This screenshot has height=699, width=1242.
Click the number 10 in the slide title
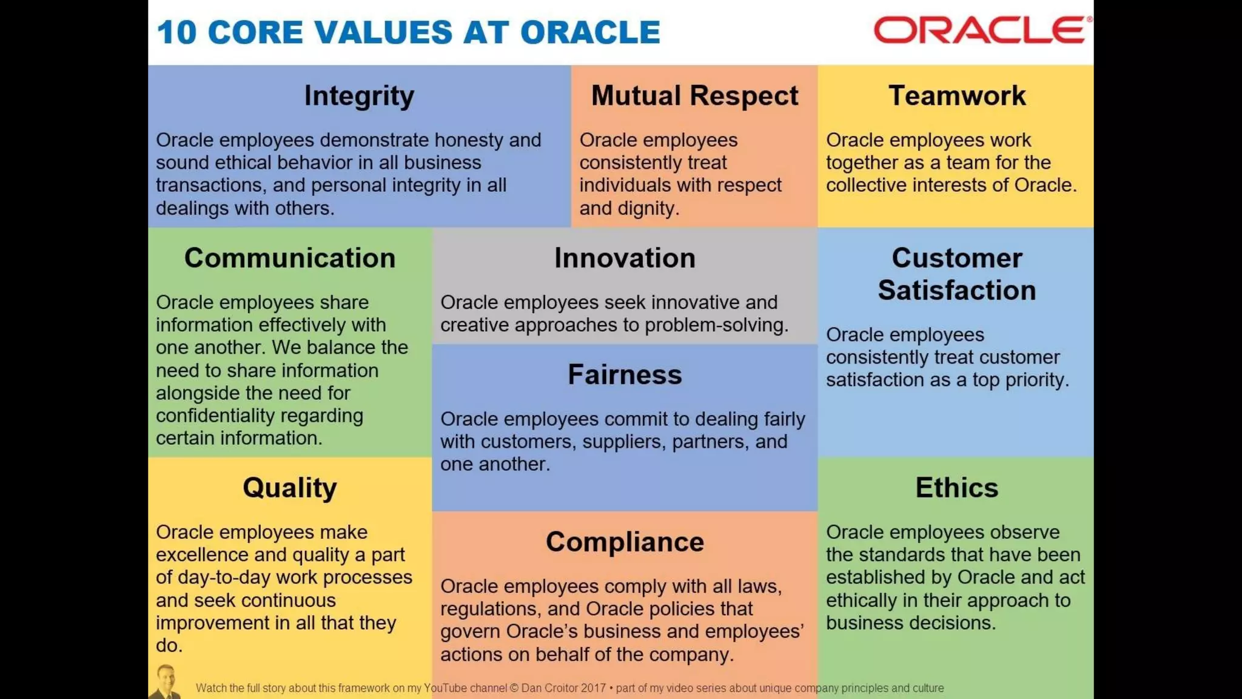(x=176, y=32)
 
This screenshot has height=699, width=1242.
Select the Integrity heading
(x=359, y=96)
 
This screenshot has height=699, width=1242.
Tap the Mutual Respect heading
(x=694, y=96)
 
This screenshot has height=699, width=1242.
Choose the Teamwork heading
(x=956, y=96)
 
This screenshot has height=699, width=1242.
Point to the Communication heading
(x=290, y=258)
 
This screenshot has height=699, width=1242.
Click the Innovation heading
(x=625, y=258)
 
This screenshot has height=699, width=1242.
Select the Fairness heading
(x=625, y=375)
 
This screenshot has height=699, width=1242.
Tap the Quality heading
(x=290, y=488)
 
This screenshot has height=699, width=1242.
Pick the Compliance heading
(x=625, y=542)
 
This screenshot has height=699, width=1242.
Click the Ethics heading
(x=956, y=488)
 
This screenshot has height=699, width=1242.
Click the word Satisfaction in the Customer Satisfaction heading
(x=956, y=291)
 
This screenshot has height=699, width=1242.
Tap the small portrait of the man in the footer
(x=165, y=682)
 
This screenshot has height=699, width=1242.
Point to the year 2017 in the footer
(x=593, y=688)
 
